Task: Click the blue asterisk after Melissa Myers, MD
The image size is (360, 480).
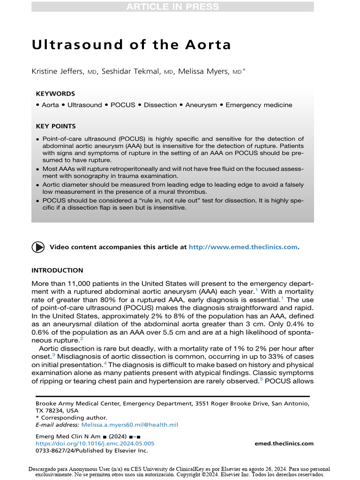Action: (x=244, y=71)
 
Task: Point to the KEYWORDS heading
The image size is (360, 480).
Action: (x=55, y=94)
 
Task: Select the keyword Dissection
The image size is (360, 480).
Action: (x=160, y=105)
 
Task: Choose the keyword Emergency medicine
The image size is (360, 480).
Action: (x=259, y=105)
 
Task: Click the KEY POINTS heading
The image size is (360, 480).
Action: (x=56, y=126)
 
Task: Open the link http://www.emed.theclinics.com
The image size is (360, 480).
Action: (x=243, y=247)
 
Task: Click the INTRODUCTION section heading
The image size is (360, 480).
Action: (x=57, y=270)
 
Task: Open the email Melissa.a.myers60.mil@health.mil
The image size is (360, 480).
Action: (x=130, y=425)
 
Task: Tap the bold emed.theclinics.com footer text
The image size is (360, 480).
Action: (x=284, y=443)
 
